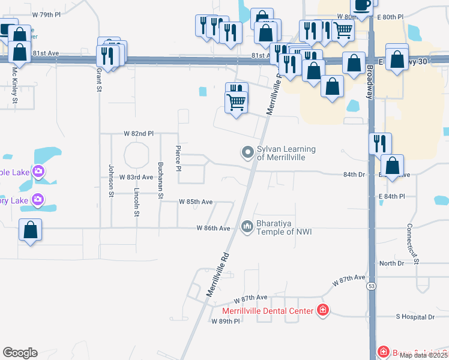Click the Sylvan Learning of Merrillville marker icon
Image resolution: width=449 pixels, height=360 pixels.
247,152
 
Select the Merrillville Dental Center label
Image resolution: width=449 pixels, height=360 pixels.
268,311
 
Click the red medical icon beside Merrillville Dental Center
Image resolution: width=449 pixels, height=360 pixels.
323,310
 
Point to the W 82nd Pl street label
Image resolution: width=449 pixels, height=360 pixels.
139,133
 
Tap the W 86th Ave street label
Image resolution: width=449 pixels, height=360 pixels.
214,228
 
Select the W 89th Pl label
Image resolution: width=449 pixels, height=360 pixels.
225,322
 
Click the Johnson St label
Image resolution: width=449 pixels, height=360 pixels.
111,180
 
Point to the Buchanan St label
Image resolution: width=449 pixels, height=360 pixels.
160,179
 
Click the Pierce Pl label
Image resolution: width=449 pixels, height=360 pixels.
178,158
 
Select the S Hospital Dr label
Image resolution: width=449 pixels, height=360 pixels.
415,316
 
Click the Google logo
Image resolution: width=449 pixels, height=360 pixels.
20,353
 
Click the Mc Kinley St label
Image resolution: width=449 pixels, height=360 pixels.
15,84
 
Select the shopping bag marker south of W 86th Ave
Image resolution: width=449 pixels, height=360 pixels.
30,230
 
